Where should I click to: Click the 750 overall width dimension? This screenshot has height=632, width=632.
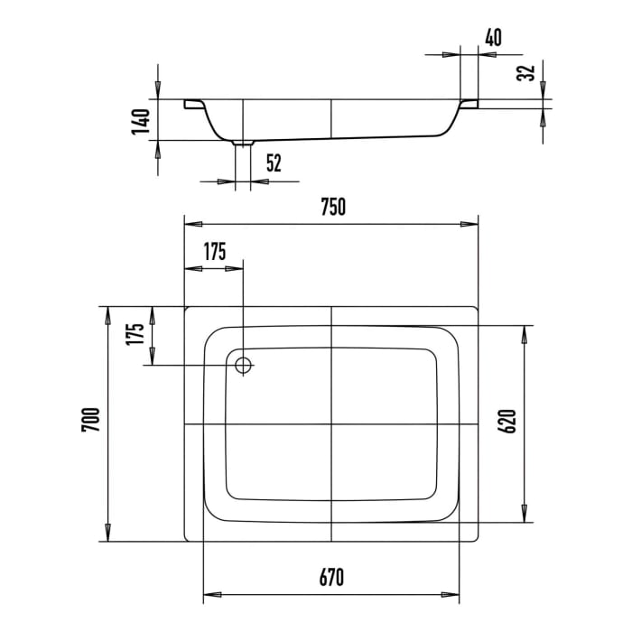pos(331,207)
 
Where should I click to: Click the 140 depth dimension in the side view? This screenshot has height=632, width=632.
pos(140,121)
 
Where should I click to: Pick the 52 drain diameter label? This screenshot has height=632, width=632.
pos(274,163)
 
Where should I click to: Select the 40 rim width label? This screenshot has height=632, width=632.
pos(492,37)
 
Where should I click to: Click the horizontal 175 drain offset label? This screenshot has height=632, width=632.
pos(213,252)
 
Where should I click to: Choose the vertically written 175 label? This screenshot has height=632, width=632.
pos(136,335)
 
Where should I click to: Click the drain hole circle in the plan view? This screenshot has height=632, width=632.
pos(243,365)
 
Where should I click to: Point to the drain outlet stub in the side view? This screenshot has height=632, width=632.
pos(243,143)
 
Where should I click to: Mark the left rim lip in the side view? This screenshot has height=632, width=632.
pos(192,106)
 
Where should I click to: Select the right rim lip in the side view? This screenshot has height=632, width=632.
pos(469,106)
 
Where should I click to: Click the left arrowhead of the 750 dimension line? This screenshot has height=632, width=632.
pos(190,223)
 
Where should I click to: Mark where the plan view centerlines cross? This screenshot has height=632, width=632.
pos(332,423)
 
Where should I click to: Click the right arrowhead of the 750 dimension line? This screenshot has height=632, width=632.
pos(473,223)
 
